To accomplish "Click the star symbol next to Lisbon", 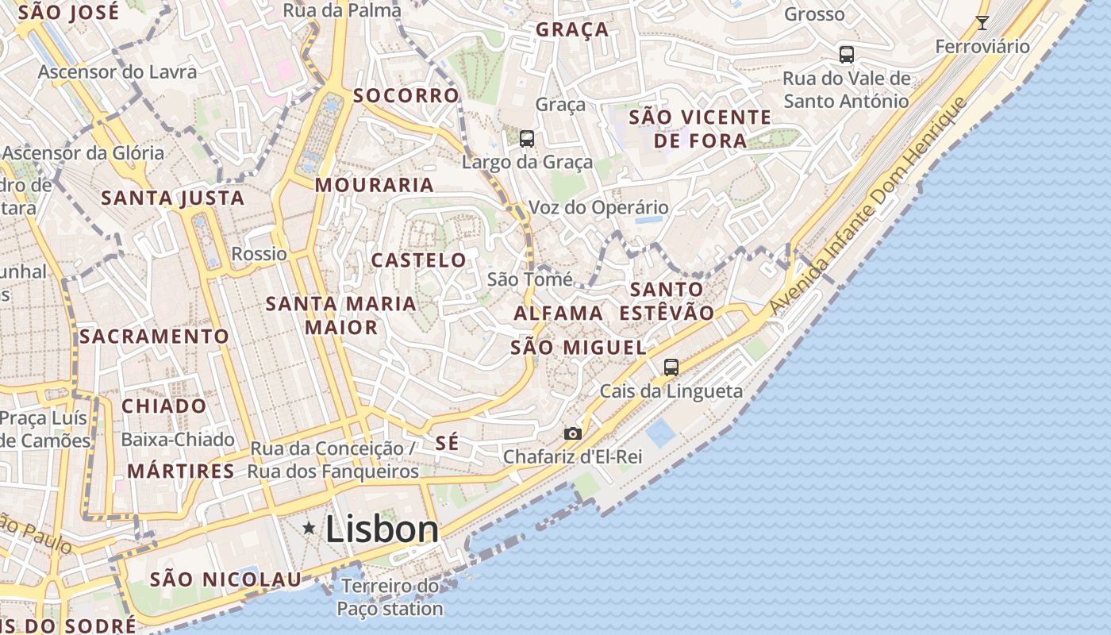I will pos(309,528).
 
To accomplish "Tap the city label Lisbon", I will pos(382,529).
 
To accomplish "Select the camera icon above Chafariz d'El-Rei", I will pos(572,433).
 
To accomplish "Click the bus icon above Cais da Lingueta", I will pos(671,367).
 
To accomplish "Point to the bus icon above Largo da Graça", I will pos(527,139).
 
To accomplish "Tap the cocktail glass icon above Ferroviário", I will pos(982,22).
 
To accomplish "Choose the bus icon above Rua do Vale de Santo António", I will pos(847,55).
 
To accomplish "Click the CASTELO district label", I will pos(419,260).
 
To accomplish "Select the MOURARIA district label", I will pos(375,185).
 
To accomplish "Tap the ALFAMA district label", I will pos(559,314).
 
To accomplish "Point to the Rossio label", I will pos(259,254).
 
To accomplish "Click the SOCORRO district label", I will pos(406,96).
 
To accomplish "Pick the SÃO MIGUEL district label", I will pos(579,348).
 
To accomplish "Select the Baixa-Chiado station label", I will pos(178,440).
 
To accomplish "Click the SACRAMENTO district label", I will pos(155,337).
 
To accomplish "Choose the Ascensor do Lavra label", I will pos(117,72).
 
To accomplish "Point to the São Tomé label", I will pos(529,279).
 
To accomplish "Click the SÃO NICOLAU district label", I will pos(226,579).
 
